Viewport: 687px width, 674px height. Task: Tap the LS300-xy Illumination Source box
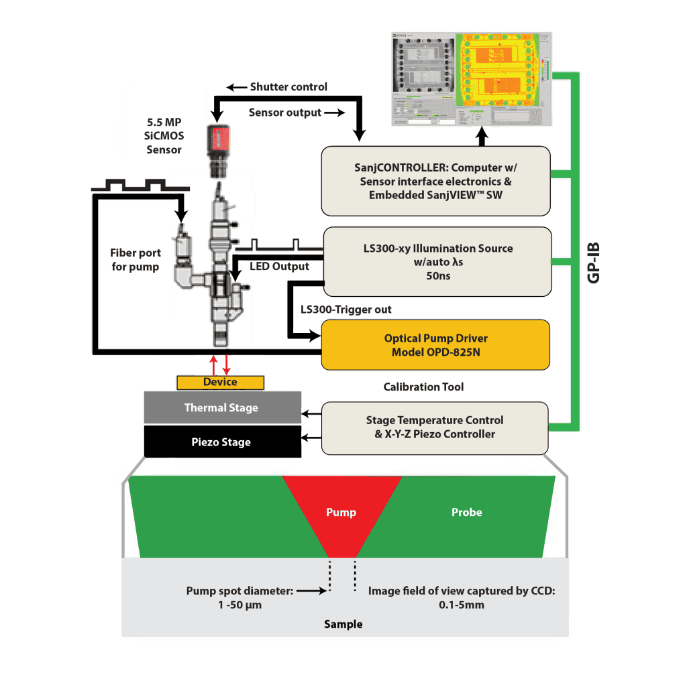pos(437,261)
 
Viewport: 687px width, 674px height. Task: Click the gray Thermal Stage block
pos(223,407)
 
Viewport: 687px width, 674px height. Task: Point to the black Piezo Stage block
pos(223,442)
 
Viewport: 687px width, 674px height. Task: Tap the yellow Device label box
pos(220,382)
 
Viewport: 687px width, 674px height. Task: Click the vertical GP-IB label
pos(593,258)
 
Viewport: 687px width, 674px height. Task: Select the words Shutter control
pos(288,86)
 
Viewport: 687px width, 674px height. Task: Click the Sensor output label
pos(284,112)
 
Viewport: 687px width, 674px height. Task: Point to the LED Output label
pos(279,267)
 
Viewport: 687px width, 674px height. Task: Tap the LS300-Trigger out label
pos(346,309)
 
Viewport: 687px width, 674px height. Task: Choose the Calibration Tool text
pos(423,387)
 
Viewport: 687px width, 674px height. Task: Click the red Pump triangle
pos(341,513)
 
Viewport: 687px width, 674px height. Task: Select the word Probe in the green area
pos(466,512)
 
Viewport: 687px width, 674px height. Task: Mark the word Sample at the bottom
pos(343,624)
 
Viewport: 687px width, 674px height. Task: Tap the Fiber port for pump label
pos(134,260)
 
